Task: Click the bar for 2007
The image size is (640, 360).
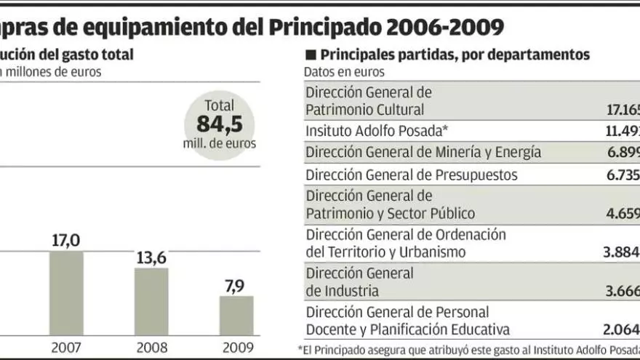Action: coord(66,292)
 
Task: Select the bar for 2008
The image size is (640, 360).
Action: coord(151,301)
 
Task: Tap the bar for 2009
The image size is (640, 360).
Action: coord(236,315)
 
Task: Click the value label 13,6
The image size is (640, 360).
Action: coord(151,257)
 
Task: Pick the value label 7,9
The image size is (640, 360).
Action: coord(235,286)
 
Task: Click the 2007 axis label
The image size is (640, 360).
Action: coord(65,347)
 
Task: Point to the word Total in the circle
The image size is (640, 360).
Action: coord(219,105)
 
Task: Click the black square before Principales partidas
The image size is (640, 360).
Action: coord(311,55)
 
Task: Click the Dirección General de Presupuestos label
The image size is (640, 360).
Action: coord(412,175)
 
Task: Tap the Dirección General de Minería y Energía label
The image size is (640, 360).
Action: coord(423,152)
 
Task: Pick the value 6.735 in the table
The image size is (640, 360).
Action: coord(623,175)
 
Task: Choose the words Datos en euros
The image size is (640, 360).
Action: coord(344,72)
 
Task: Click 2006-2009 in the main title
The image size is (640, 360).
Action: coord(446,28)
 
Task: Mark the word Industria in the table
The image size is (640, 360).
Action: coord(351,291)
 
